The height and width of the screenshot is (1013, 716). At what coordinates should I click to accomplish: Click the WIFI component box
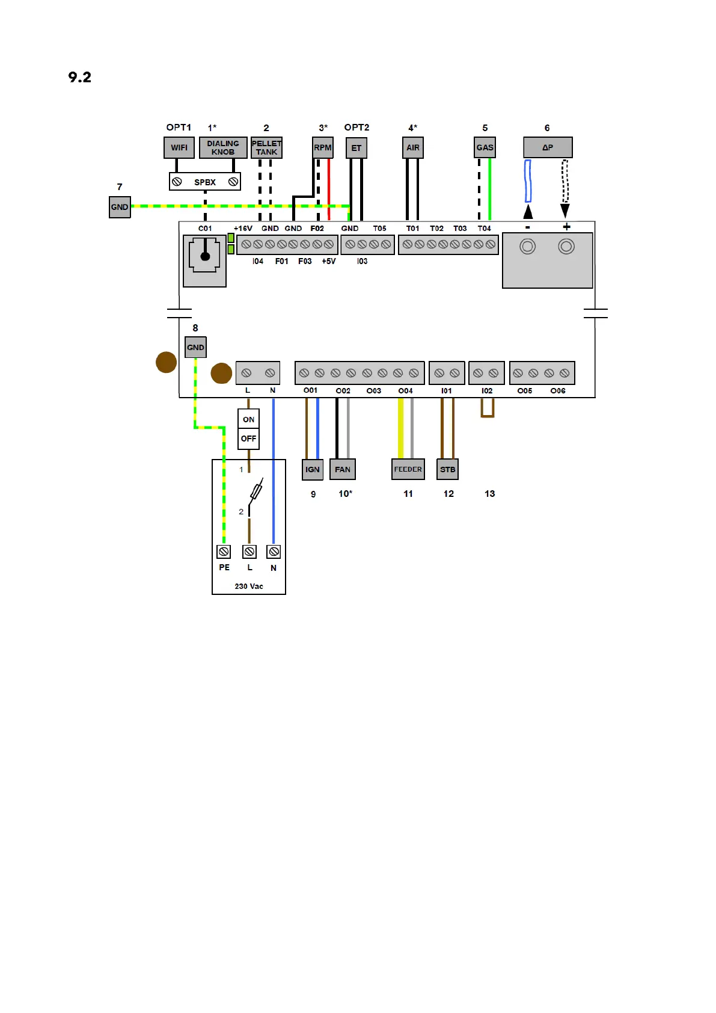179,147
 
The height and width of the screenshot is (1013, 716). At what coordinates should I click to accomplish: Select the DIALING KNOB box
223,147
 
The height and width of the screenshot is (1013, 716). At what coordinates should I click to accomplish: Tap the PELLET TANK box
266,147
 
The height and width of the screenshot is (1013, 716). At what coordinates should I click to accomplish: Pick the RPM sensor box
323,147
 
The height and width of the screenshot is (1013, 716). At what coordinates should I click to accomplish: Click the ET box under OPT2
356,148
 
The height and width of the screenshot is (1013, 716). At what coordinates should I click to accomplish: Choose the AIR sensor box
413,147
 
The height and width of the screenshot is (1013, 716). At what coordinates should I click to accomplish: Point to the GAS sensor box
485,147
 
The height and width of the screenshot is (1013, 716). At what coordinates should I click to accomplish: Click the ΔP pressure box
548,147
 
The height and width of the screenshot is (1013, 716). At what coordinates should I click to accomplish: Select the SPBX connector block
205,182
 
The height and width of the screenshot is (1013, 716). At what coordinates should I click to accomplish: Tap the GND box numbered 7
120,207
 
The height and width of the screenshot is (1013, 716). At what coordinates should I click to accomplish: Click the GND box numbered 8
195,347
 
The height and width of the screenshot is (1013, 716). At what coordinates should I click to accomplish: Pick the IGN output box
313,469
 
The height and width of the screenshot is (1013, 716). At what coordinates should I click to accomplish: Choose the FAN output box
343,469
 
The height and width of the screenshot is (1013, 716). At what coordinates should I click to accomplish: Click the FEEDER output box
408,469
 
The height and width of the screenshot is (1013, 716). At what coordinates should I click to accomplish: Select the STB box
448,469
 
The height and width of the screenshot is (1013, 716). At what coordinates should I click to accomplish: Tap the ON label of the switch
249,419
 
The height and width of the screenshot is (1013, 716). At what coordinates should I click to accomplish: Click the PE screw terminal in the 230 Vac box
224,552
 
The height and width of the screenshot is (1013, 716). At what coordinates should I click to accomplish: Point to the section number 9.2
80,77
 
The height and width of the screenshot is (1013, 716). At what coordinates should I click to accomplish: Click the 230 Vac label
249,586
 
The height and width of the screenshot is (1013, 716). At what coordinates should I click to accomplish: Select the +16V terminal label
243,229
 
